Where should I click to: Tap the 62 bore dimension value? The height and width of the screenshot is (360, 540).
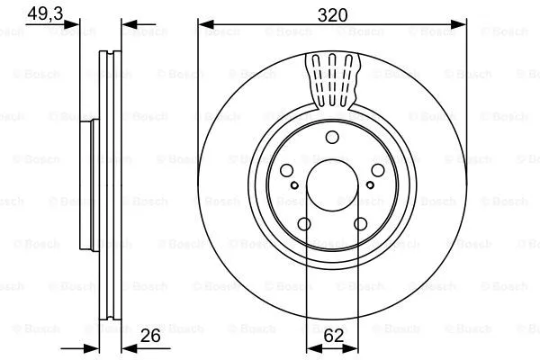tap(333, 337)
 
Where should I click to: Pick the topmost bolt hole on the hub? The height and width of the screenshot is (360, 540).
tap(332, 137)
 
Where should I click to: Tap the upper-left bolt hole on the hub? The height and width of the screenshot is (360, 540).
tap(285, 171)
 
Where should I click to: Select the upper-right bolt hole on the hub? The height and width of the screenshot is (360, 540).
tap(379, 171)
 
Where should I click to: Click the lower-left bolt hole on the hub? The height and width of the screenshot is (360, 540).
tap(303, 225)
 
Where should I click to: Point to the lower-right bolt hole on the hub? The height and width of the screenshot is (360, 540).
tap(361, 225)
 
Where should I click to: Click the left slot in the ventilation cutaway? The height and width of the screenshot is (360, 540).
tap(317, 76)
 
